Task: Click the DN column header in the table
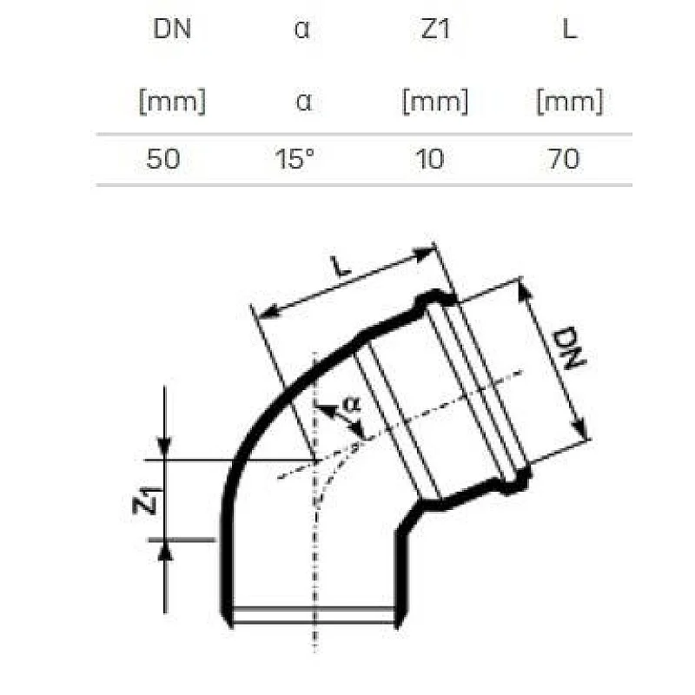pos(171,30)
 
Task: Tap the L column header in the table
pos(570,30)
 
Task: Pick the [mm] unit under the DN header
pos(171,103)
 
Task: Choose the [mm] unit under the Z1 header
pos(434,103)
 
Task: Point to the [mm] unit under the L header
pos(570,103)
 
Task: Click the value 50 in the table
pos(164,159)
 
